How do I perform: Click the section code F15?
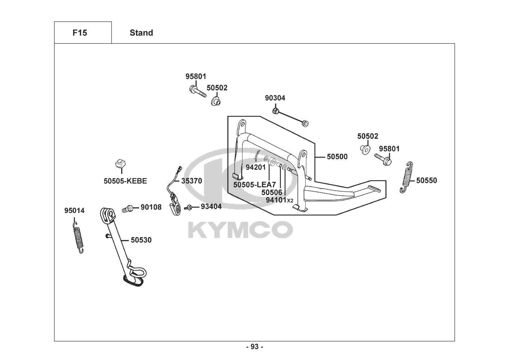79,33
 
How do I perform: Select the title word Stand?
141,33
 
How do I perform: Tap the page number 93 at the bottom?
254,347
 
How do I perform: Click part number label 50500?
337,157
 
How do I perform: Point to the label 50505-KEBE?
125,181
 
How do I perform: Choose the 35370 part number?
191,181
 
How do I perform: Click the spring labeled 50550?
406,177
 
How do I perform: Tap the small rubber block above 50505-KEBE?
120,164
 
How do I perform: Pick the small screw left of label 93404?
188,207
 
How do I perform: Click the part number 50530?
141,240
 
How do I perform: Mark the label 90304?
275,98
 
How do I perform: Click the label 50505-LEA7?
254,185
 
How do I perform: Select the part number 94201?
256,167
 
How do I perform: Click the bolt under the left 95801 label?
197,90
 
